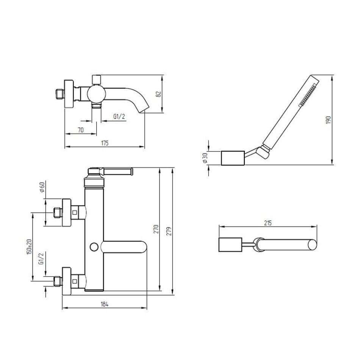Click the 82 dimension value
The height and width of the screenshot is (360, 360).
coord(159,94)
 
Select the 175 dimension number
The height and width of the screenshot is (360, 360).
coord(105,143)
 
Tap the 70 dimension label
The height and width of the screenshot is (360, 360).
coord(81,130)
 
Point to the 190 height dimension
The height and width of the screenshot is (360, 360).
coord(329,120)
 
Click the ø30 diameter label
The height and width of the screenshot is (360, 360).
coord(205,158)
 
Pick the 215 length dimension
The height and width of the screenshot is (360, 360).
coord(268,223)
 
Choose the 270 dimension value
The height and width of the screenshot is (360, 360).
coord(156,229)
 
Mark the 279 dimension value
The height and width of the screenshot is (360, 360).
coord(169,231)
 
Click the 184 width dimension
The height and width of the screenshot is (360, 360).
coord(105,304)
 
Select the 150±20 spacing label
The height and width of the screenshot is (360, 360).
coord(29,247)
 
